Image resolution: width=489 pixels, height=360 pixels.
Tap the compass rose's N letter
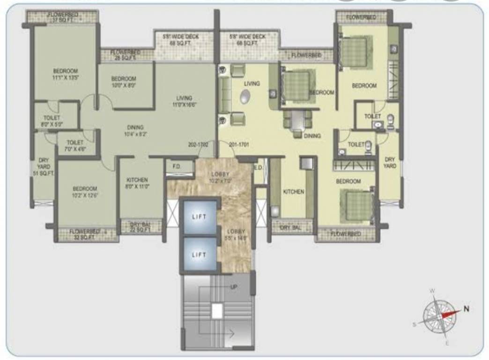point(466,308)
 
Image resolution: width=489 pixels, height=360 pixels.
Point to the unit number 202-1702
point(198,145)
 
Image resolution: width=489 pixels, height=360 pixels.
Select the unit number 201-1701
point(239,145)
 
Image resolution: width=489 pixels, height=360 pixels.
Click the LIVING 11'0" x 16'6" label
point(184,101)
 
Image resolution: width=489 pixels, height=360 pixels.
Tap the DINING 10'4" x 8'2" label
point(135,130)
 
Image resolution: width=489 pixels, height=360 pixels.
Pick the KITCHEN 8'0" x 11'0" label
point(137,183)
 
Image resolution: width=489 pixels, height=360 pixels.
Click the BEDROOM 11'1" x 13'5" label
point(65,74)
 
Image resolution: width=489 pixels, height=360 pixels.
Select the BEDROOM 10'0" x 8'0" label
point(124,82)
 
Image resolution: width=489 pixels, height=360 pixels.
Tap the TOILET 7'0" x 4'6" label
point(75,145)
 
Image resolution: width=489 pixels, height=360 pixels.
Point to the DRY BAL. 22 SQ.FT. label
point(141,226)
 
